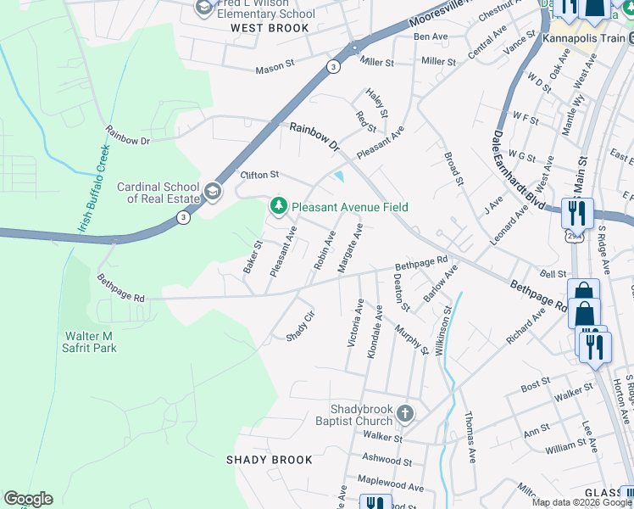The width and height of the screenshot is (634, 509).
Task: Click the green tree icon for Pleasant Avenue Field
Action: (278, 206)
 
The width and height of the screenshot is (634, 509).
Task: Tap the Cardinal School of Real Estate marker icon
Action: (212, 188)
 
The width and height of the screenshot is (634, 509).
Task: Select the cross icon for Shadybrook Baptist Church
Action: (405, 414)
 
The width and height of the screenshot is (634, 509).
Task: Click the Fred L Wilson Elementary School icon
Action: (203, 8)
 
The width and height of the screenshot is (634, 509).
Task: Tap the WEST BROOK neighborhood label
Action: (264, 28)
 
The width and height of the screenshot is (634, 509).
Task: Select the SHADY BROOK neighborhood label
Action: (269, 460)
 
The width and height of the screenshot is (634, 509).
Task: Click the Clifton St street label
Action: (259, 175)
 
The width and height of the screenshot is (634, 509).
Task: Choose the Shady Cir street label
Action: (300, 326)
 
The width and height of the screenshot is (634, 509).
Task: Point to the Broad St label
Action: (454, 170)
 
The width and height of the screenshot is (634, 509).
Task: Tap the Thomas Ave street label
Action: (469, 438)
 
